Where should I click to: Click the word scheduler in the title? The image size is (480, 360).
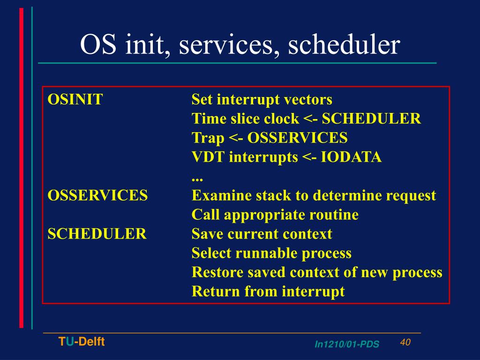pos(344,44)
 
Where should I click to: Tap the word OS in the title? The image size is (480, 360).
pos(98,44)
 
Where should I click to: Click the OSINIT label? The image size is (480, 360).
pos(75,99)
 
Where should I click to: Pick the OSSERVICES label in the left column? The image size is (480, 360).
pos(97,195)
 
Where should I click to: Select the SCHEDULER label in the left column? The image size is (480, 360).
pos(97,234)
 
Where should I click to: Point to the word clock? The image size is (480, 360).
pos(281,119)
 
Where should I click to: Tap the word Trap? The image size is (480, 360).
pos(208,138)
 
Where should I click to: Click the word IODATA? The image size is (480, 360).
pos(351,157)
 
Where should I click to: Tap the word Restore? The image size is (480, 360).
pos(217,272)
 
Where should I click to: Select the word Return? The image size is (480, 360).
pos(216,292)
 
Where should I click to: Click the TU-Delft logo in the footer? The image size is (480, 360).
pos(82,342)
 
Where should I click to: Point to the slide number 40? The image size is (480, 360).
pos(405,342)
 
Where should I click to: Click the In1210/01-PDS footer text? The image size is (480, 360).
pos(347,345)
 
